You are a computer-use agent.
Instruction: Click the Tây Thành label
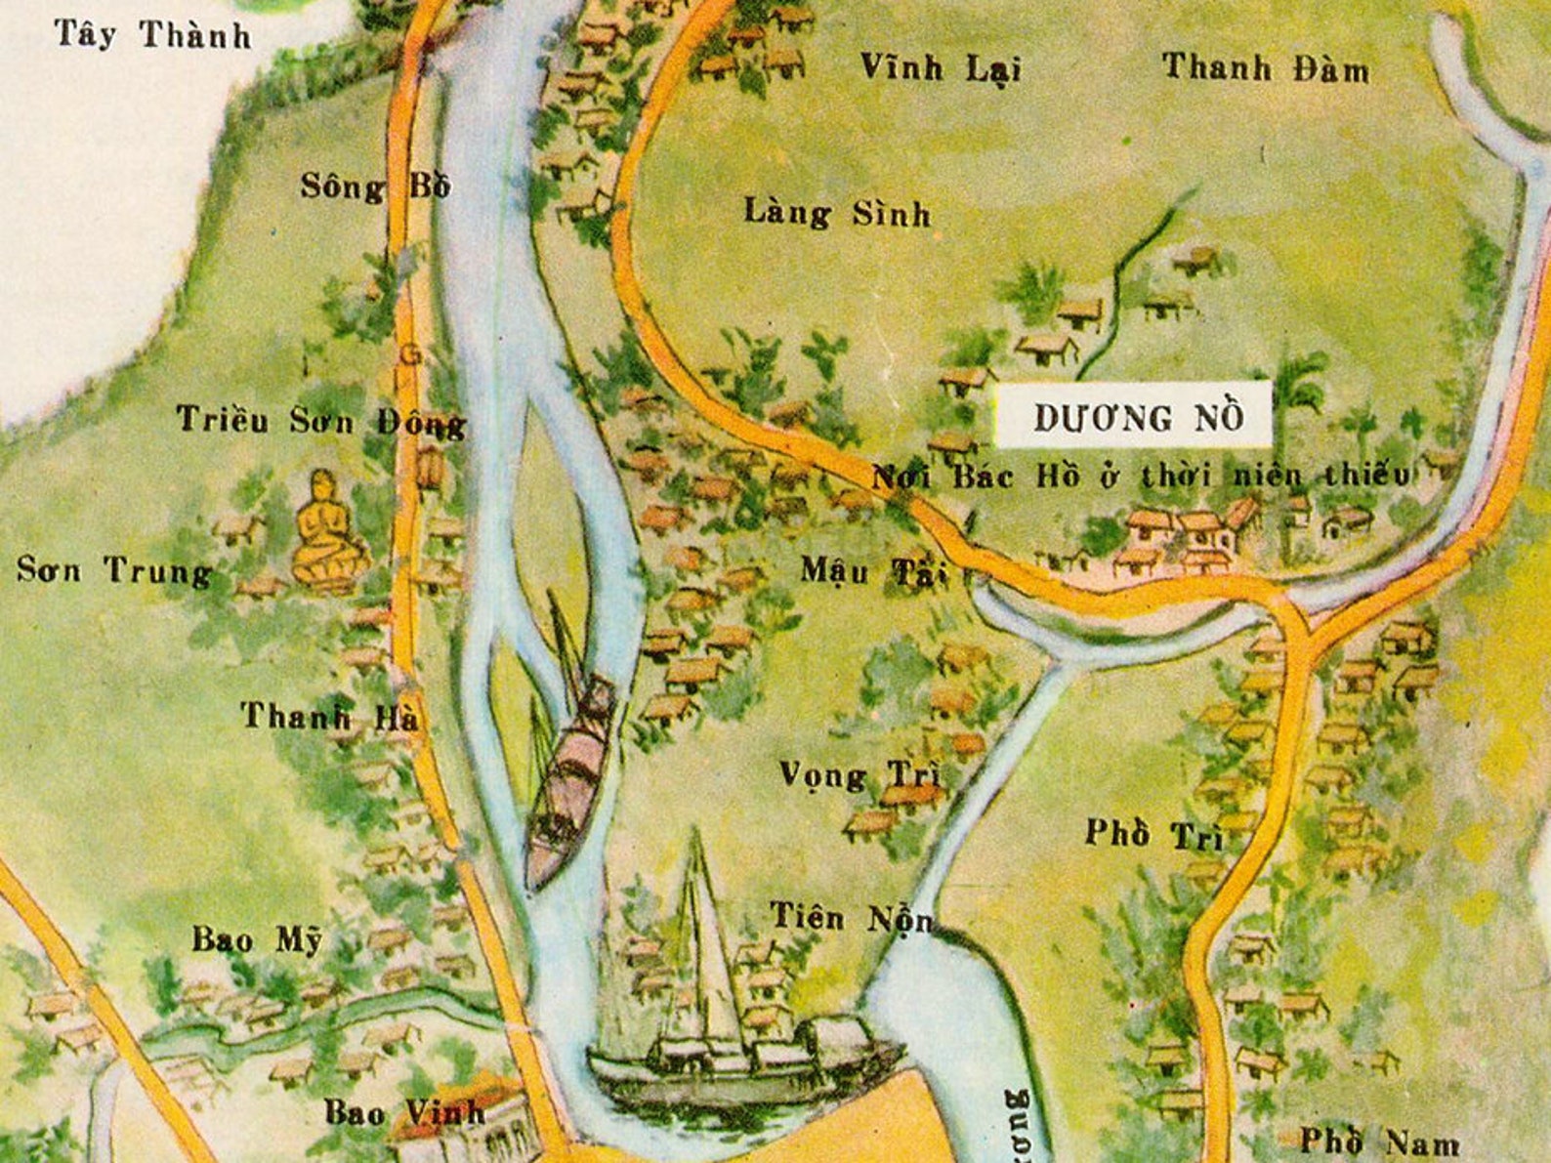pyautogui.click(x=153, y=35)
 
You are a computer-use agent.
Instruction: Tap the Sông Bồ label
pyautogui.click(x=375, y=186)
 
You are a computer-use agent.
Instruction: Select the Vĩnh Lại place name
pyautogui.click(x=940, y=67)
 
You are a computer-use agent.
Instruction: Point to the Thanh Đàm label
pyautogui.click(x=1265, y=68)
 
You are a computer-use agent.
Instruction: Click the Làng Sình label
pyautogui.click(x=837, y=213)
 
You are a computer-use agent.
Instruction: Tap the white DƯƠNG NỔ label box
pyautogui.click(x=1134, y=416)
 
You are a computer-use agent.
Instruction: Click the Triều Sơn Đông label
pyautogui.click(x=320, y=421)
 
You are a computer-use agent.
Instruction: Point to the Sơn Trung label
pyautogui.click(x=114, y=570)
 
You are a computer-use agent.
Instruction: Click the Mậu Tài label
pyautogui.click(x=873, y=570)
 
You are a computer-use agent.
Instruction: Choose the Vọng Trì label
pyautogui.click(x=859, y=775)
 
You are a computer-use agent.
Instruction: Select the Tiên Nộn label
pyautogui.click(x=850, y=918)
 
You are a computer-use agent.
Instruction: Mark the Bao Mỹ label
pyautogui.click(x=256, y=939)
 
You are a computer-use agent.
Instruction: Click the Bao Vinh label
pyautogui.click(x=403, y=1111)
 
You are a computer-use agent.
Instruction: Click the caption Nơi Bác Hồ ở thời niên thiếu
pyautogui.click(x=1140, y=476)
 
